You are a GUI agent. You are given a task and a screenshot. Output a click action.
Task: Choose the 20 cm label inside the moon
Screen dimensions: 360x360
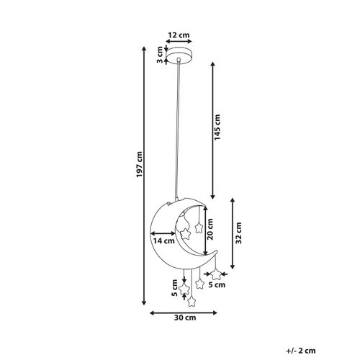(x=210, y=229)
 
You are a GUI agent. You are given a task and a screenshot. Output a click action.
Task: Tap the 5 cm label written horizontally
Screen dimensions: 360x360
(x=215, y=286)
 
